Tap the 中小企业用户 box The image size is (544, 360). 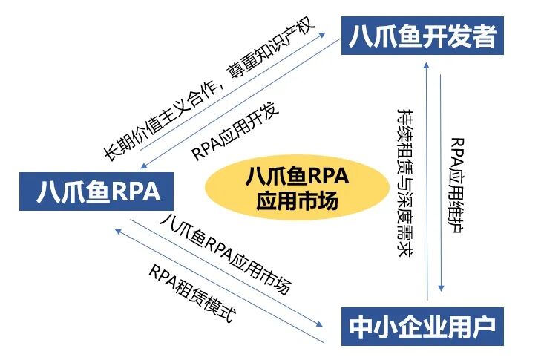coord(421,325)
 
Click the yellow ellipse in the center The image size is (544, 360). coord(295,189)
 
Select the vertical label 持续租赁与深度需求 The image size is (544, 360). coord(406,183)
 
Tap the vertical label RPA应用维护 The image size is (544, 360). coord(459,183)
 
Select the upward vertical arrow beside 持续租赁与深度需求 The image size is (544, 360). coord(425,178)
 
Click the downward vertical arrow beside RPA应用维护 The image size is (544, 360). coord(443,178)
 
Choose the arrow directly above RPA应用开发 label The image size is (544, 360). coord(237,105)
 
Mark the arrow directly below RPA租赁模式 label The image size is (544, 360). coord(215,282)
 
